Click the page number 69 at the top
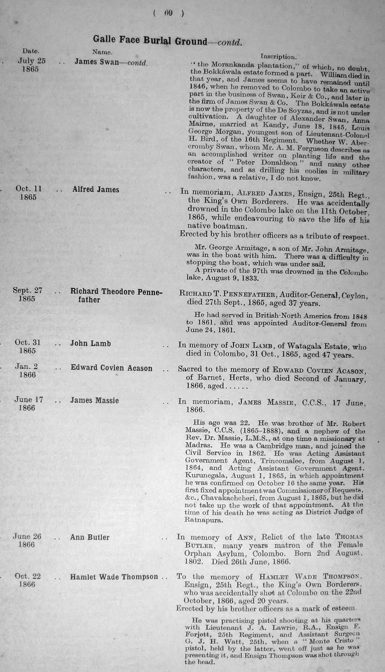[x=168, y=13]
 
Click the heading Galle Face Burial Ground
[x=150, y=41]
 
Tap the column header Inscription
[x=278, y=56]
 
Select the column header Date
[x=31, y=52]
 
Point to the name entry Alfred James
[x=96, y=189]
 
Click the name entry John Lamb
[x=90, y=343]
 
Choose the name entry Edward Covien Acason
[x=111, y=368]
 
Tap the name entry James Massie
[x=94, y=401]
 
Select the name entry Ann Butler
[x=90, y=537]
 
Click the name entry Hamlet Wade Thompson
[x=114, y=577]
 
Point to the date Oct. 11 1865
[x=28, y=193]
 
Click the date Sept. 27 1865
[x=27, y=295]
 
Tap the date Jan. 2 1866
[x=27, y=370]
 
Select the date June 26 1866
[x=27, y=541]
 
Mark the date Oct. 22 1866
[x=27, y=580]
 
